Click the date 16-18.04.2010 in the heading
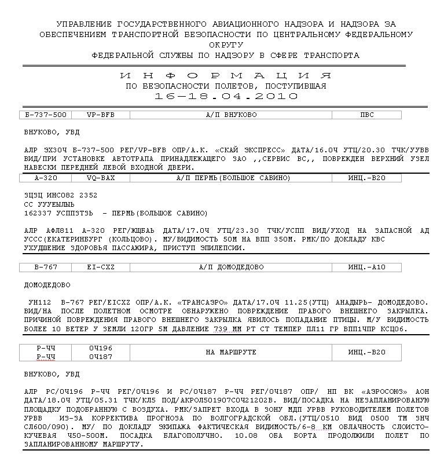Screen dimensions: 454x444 (x=226, y=96)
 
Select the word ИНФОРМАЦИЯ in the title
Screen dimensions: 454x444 (x=226, y=76)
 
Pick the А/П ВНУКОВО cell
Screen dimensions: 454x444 (x=231, y=115)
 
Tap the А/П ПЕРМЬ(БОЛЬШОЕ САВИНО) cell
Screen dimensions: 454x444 (x=231, y=178)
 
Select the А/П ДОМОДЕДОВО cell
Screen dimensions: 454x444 (x=231, y=267)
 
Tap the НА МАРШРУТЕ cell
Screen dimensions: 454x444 (x=231, y=352)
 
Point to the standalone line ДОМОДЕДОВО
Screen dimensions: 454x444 (x=47, y=285)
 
